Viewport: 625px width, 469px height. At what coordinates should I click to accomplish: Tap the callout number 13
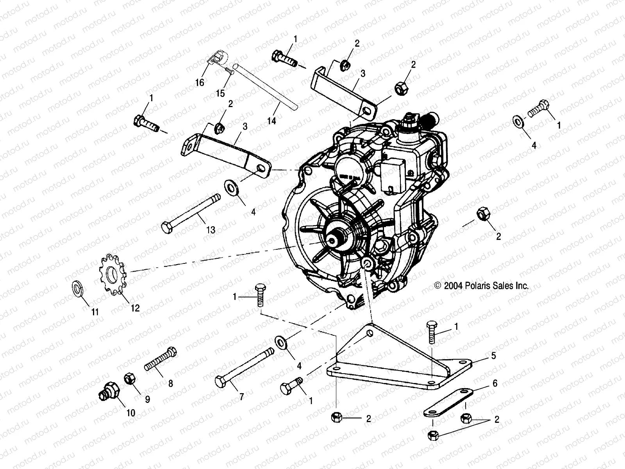coord(211,230)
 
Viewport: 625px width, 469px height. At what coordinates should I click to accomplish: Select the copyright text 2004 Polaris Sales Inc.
coord(482,286)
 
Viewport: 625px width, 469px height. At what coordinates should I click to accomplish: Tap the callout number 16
coord(200,83)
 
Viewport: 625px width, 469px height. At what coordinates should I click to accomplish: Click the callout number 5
coord(494,356)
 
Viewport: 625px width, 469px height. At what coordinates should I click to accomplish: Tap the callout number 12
coord(135,308)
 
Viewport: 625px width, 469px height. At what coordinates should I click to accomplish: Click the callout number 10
coord(130,413)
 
